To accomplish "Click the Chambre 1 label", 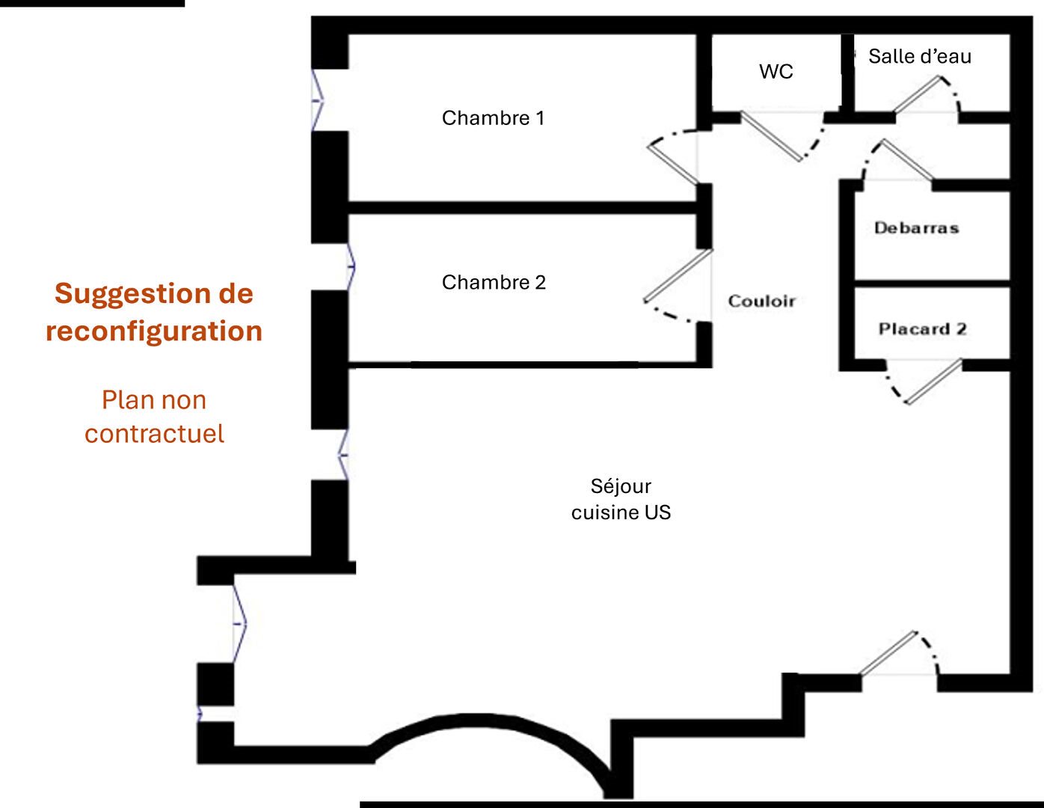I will (x=493, y=118).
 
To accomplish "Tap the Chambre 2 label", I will (x=494, y=283).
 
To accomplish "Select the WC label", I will (x=776, y=72).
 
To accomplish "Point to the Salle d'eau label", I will (x=919, y=57).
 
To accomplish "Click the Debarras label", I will (x=916, y=228).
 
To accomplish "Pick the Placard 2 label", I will (x=922, y=329).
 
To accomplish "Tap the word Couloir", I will (x=761, y=302).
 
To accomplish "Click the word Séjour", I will (x=621, y=486).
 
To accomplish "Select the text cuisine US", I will (x=621, y=512).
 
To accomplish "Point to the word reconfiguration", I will (x=154, y=331).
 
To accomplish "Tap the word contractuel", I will (x=154, y=434).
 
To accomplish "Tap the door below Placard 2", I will (x=933, y=382).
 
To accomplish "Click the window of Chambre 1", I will (x=317, y=100).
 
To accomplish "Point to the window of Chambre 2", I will (x=351, y=266).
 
